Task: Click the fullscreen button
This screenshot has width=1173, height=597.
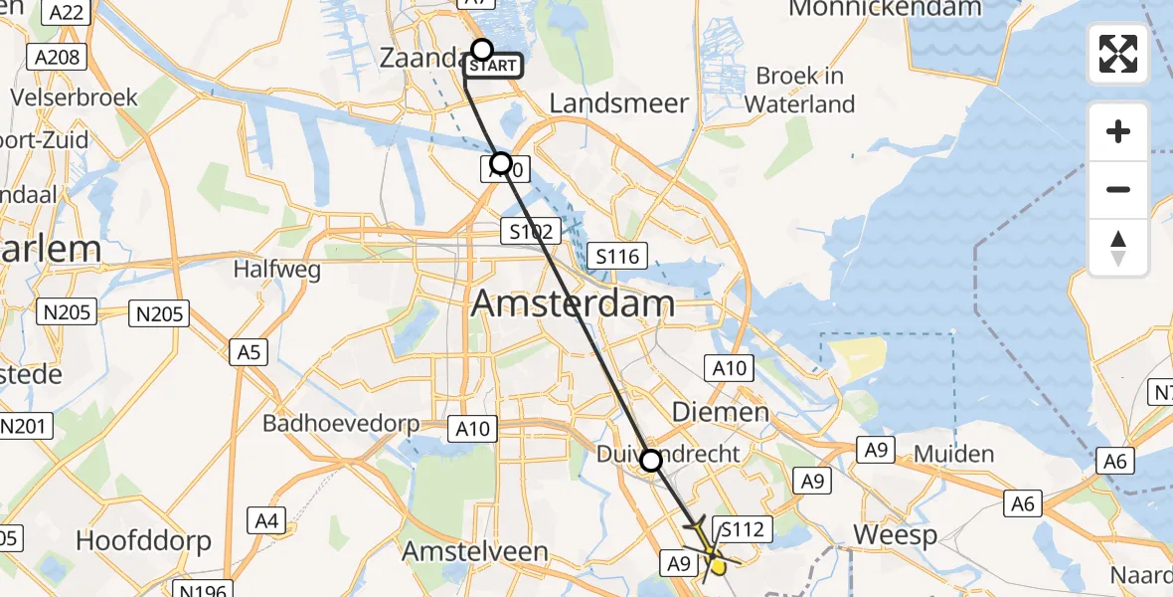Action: click(x=1118, y=54)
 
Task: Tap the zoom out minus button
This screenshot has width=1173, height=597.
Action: click(x=1118, y=189)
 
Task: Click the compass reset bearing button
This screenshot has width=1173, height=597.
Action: click(x=1118, y=248)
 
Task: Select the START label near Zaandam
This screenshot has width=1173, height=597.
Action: click(x=492, y=67)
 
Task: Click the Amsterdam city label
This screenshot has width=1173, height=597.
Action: click(x=573, y=302)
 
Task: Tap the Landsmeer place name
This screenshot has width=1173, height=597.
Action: click(x=619, y=103)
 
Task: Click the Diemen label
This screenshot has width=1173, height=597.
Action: click(x=721, y=412)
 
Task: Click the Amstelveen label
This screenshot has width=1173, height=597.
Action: click(x=475, y=551)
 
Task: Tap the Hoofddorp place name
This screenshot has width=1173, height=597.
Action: click(x=144, y=541)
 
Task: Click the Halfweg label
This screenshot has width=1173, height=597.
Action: click(x=267, y=269)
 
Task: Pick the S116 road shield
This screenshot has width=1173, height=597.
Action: click(x=616, y=257)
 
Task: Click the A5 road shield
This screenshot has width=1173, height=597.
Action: click(x=249, y=351)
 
